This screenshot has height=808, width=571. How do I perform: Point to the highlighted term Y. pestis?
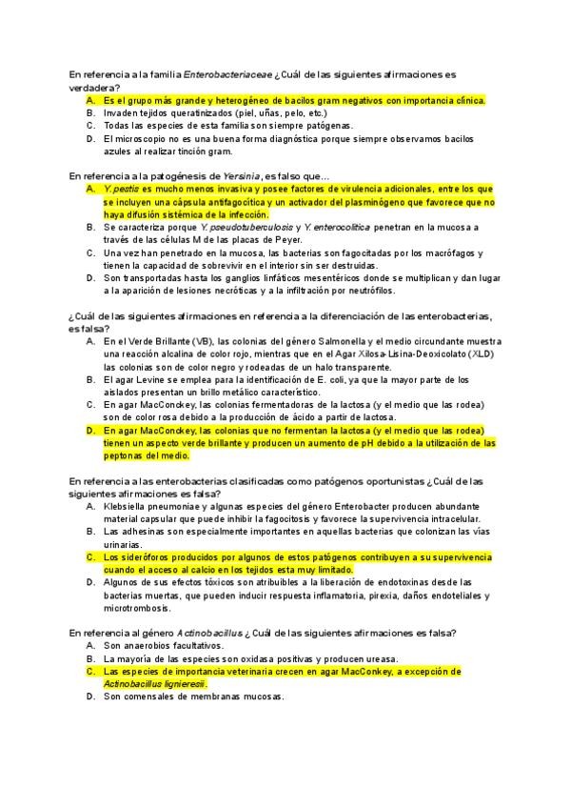pos(122,189)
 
